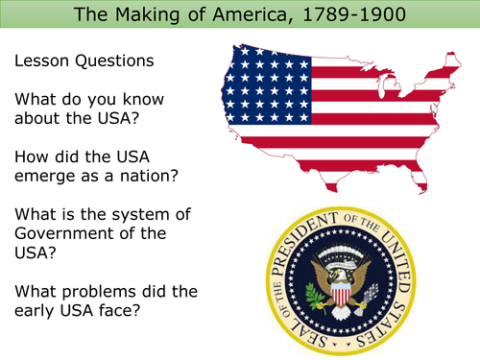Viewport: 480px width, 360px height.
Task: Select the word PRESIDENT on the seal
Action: tap(323, 228)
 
